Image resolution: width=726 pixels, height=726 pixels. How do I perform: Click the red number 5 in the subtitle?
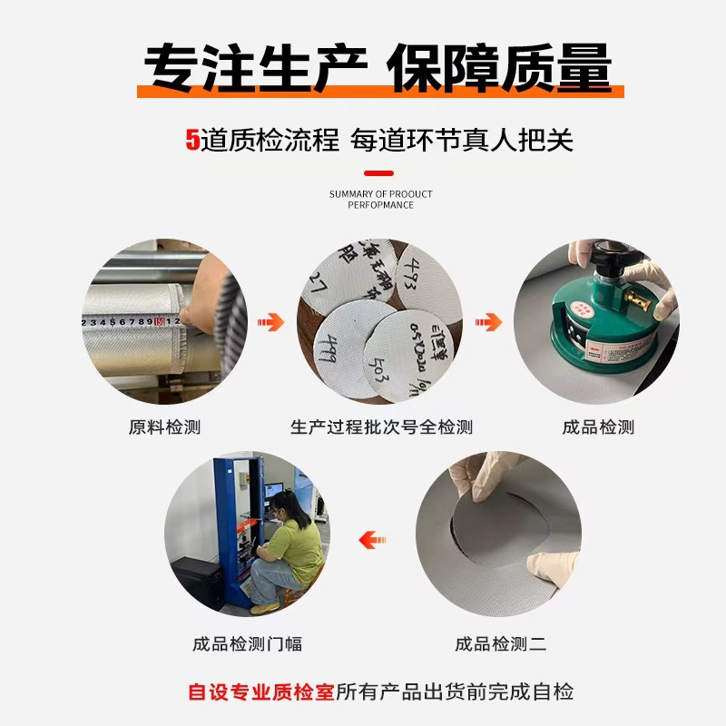pyautogui.click(x=191, y=141)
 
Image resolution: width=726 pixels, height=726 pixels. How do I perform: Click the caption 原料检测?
pyautogui.click(x=164, y=427)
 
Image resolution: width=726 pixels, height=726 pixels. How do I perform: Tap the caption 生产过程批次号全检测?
pyautogui.click(x=381, y=427)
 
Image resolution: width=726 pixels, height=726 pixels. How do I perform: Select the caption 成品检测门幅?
pyautogui.click(x=247, y=644)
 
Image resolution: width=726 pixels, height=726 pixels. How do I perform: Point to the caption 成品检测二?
pyautogui.click(x=500, y=644)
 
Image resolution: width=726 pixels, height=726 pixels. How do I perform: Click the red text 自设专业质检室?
pyautogui.click(x=260, y=692)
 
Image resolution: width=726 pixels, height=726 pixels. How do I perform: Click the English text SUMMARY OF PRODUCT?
pyautogui.click(x=380, y=194)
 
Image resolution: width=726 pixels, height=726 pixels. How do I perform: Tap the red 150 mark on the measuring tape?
pyautogui.click(x=160, y=321)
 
